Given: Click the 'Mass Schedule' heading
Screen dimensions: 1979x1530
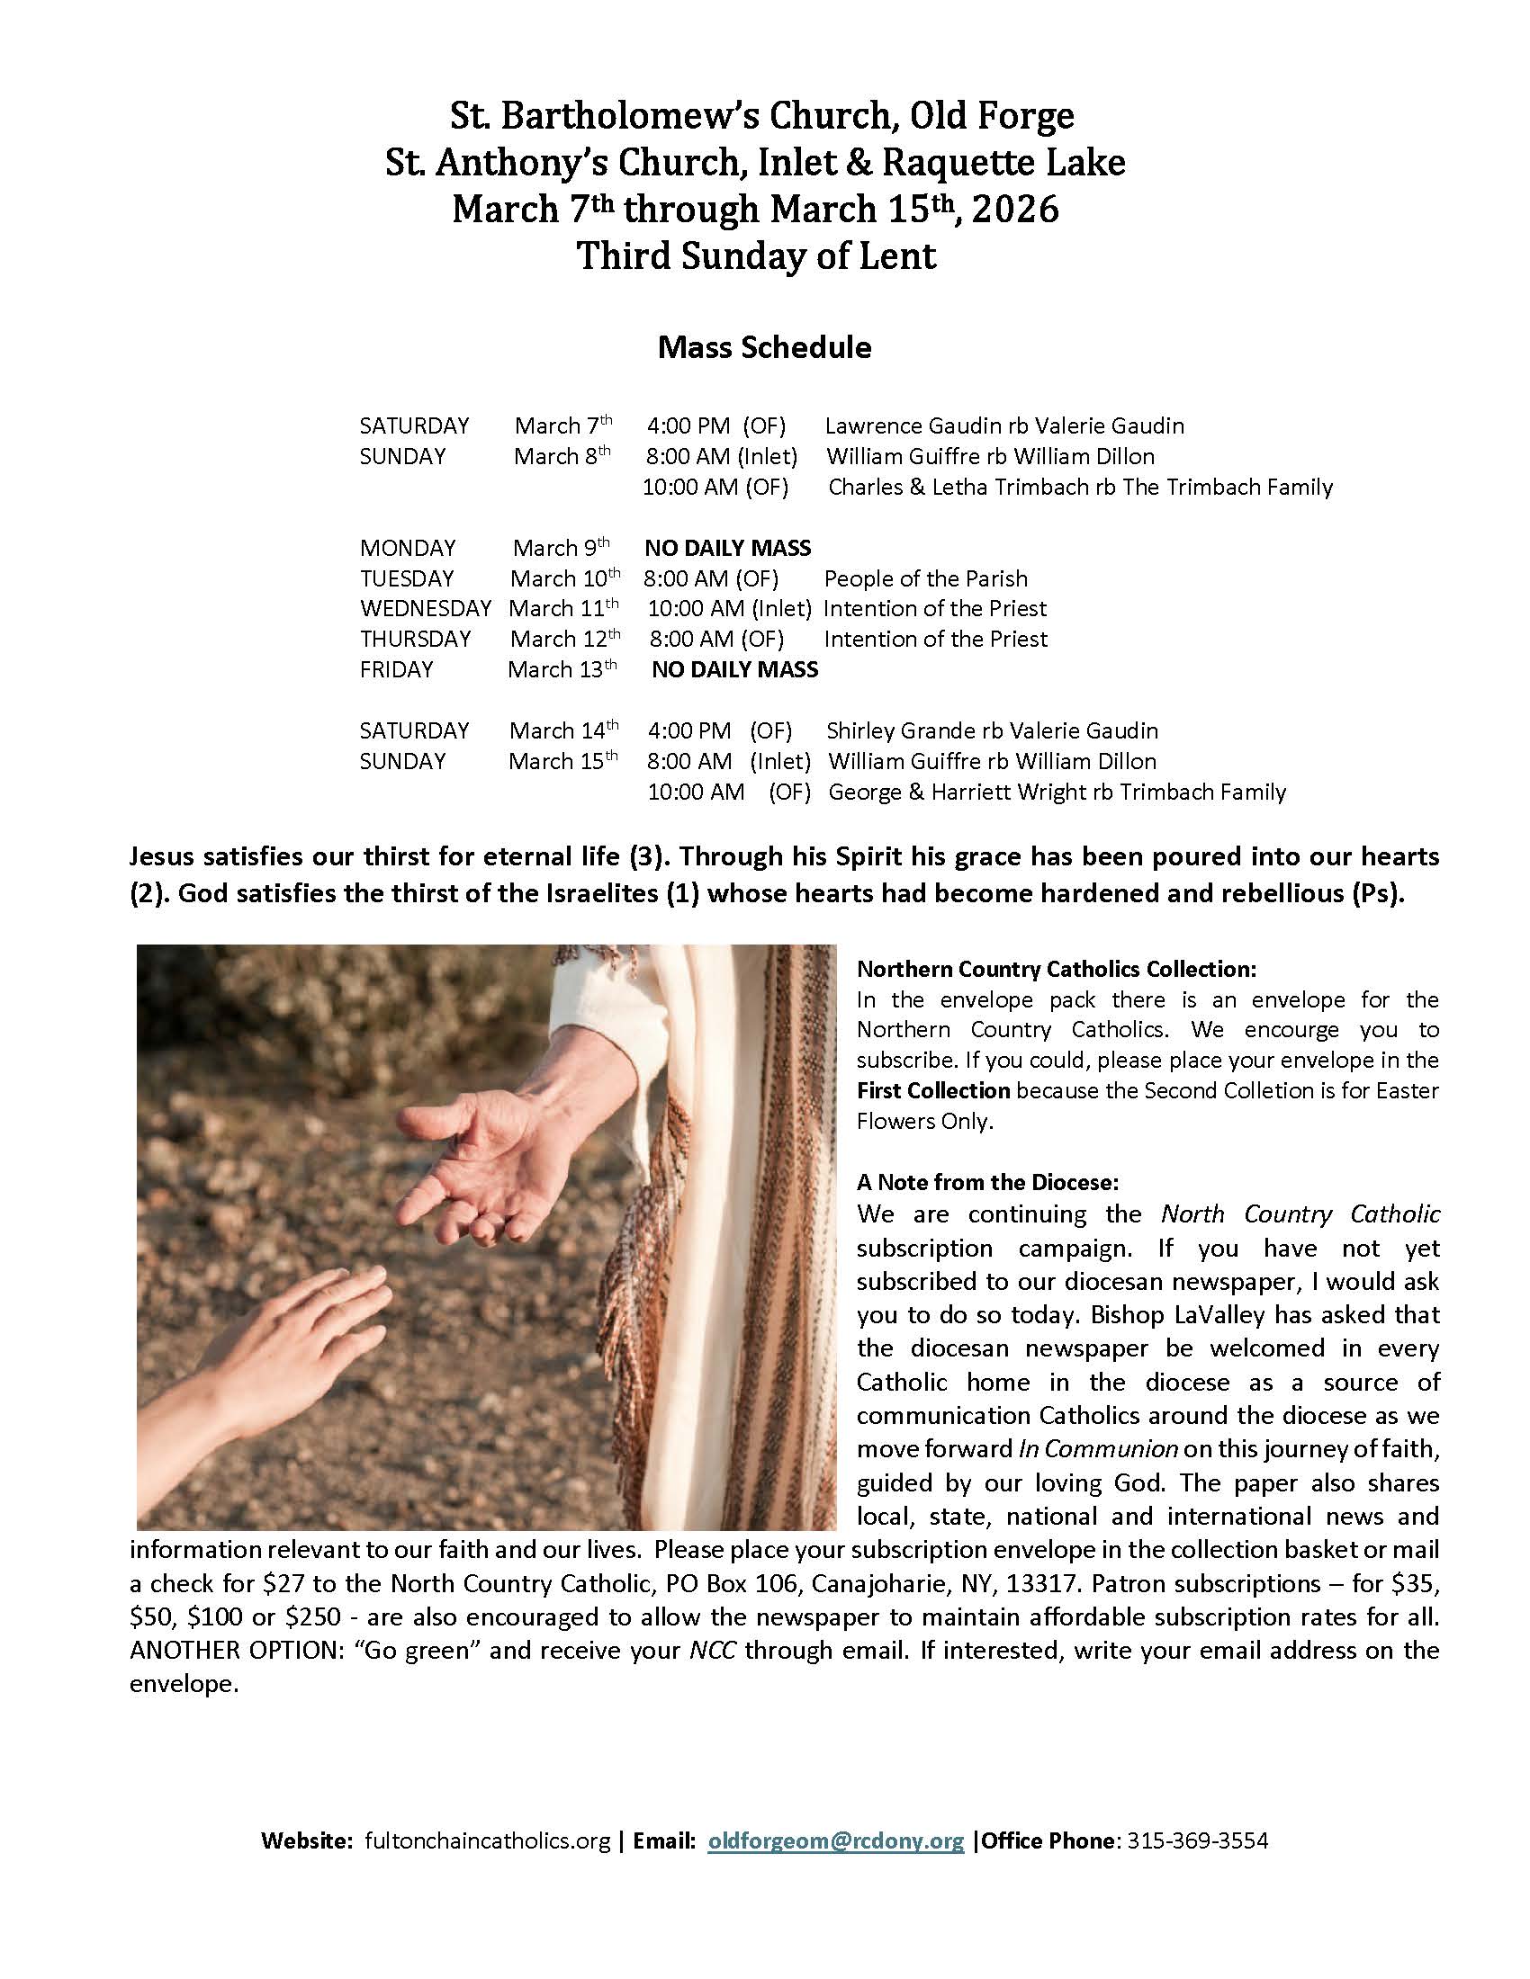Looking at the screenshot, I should point(764,348).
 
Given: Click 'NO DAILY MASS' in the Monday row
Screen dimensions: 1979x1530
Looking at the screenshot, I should point(727,548).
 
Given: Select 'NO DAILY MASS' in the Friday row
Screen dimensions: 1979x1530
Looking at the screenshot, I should point(734,669).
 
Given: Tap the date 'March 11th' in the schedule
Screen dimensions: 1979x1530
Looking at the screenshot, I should point(563,609).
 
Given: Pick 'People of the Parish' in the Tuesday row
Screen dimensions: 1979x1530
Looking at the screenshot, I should point(925,579).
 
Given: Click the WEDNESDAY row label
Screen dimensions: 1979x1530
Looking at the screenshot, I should point(425,609).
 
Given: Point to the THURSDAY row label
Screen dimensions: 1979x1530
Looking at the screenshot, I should point(415,640).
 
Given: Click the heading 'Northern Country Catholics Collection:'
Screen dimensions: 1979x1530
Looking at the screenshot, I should point(1056,970).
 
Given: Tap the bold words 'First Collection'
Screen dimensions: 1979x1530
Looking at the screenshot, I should point(932,1090).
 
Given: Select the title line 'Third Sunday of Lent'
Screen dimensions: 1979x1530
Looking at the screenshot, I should point(757,256).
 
